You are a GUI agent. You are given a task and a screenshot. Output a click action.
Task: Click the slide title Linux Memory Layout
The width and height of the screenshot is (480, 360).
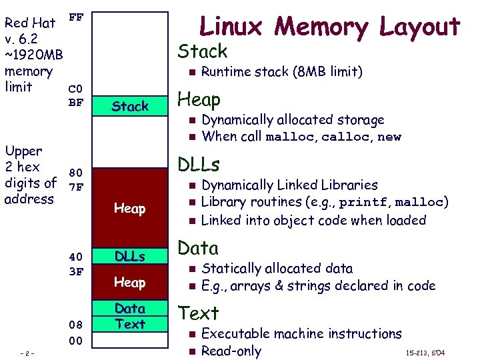click(x=330, y=27)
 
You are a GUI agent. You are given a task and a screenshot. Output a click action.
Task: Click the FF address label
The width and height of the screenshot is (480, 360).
click(x=76, y=17)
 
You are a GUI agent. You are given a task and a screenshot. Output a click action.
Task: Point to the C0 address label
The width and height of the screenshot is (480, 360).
click(x=76, y=89)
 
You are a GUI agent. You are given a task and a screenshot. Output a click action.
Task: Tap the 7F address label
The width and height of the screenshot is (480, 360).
click(x=76, y=187)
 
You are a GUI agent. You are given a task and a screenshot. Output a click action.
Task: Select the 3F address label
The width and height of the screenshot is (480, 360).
click(x=76, y=271)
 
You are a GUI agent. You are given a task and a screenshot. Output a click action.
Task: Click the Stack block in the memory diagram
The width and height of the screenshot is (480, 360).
click(x=130, y=106)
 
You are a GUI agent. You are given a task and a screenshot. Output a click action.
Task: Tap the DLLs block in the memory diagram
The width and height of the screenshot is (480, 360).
click(x=130, y=256)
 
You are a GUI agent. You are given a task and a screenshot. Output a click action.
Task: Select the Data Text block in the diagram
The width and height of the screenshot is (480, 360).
click(x=130, y=316)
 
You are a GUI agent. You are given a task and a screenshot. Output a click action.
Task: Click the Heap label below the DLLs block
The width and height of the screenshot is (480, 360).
click(x=130, y=282)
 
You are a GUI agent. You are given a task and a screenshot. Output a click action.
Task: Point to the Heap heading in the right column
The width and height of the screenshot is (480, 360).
click(x=199, y=100)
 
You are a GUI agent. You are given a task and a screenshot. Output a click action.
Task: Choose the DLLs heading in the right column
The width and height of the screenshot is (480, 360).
click(x=198, y=165)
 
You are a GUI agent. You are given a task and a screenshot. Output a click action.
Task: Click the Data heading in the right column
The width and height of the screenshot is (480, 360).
click(x=198, y=249)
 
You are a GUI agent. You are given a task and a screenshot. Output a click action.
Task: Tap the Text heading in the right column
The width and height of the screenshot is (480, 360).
click(x=198, y=313)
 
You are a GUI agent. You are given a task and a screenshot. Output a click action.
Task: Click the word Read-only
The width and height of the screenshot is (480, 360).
click(x=231, y=351)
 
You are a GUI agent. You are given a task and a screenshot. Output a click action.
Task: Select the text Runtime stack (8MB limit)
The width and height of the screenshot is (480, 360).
click(x=281, y=71)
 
